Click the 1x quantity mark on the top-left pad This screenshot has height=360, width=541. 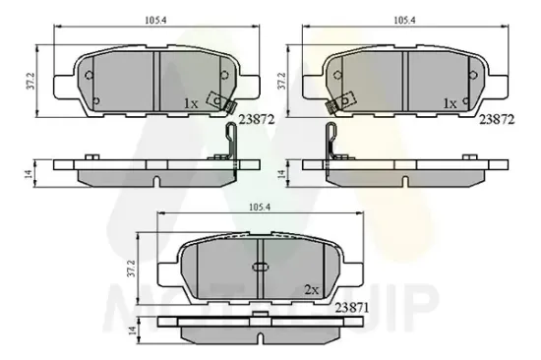[x=192, y=103]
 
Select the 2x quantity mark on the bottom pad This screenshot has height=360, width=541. [x=313, y=289]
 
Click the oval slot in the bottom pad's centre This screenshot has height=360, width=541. [x=262, y=266]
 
